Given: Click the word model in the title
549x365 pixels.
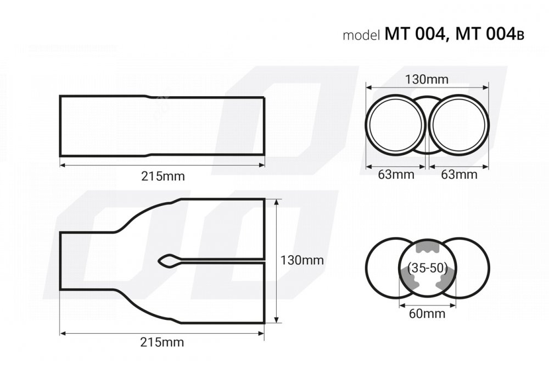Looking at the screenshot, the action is (x=361, y=35).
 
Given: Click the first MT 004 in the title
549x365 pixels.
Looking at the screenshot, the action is (x=415, y=34).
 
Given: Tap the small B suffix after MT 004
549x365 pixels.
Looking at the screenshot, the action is (x=520, y=36).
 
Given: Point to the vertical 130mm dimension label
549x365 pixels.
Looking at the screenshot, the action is (x=302, y=260).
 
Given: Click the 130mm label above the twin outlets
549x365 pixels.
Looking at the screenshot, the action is (x=427, y=79).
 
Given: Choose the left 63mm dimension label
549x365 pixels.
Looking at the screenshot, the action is (x=396, y=174).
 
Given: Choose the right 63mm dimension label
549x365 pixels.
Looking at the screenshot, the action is (x=459, y=174).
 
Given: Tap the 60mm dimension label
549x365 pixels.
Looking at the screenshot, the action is (x=427, y=313).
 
